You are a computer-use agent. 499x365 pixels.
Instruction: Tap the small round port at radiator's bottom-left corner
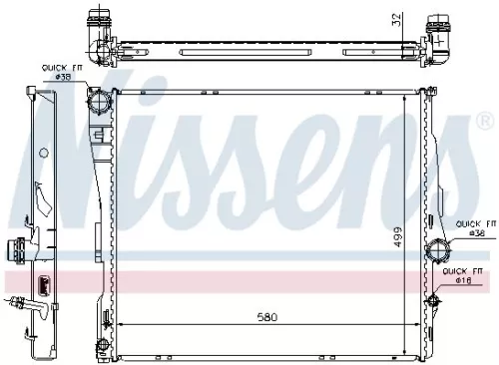(101, 348)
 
